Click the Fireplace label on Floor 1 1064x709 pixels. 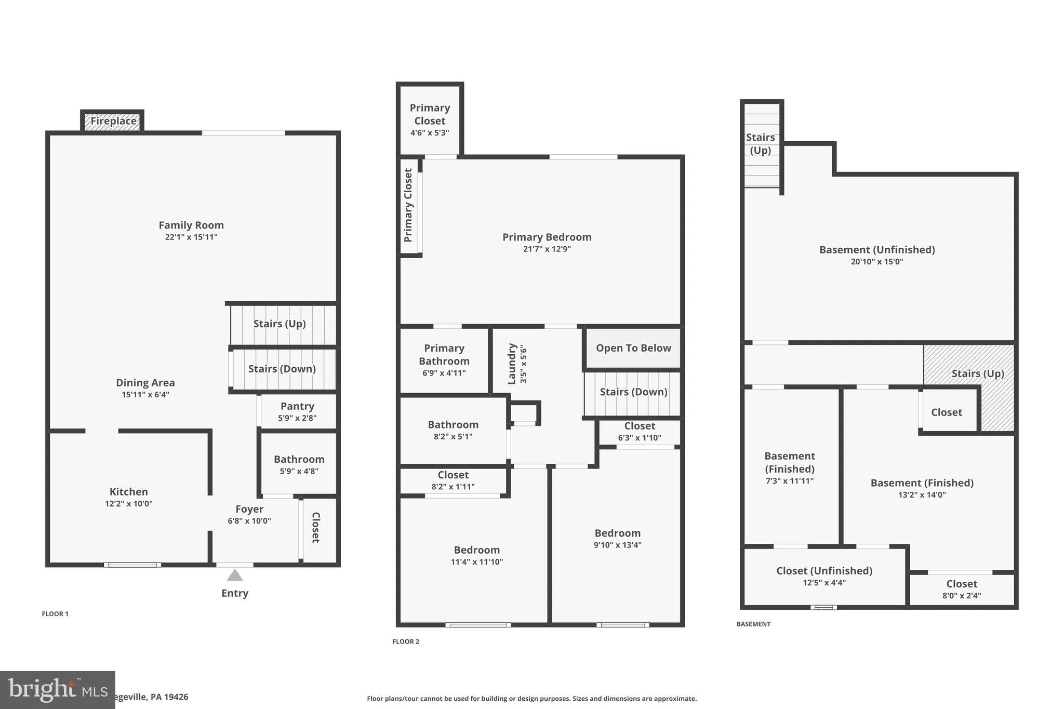point(113,121)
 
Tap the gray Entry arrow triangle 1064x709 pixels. point(235,575)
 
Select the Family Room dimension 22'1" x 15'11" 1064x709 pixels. point(191,237)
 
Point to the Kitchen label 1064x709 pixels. point(128,492)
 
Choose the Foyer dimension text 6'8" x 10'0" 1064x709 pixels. point(249,521)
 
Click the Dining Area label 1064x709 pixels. point(145,383)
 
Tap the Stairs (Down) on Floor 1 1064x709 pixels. point(282,369)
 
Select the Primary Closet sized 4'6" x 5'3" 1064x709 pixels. point(430,119)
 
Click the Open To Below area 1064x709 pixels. point(633,348)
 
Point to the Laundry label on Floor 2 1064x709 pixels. point(512,364)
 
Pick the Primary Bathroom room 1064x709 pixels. point(444,359)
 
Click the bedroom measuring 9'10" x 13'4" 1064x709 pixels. point(617,539)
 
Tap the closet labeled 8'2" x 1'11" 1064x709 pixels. point(453,480)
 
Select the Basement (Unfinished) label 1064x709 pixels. point(877,250)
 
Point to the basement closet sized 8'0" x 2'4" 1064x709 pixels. point(961,589)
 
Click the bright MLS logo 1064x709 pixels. point(57,690)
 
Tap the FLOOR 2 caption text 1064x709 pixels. point(405,641)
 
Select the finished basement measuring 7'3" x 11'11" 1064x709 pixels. point(789,467)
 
